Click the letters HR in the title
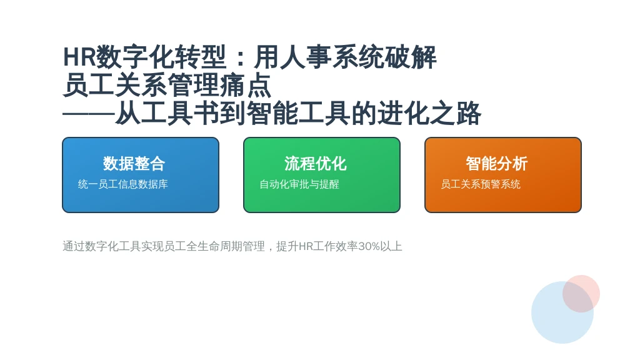click(x=79, y=57)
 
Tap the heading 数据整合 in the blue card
click(x=134, y=164)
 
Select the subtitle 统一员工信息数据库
click(x=123, y=184)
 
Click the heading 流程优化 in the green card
click(x=316, y=164)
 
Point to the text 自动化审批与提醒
click(x=299, y=184)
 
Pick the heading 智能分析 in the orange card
click(x=497, y=164)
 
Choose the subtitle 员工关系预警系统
click(x=481, y=184)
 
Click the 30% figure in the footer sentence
click(x=369, y=246)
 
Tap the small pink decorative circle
click(x=581, y=294)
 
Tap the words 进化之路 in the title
click(x=429, y=113)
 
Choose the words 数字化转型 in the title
click(x=161, y=57)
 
